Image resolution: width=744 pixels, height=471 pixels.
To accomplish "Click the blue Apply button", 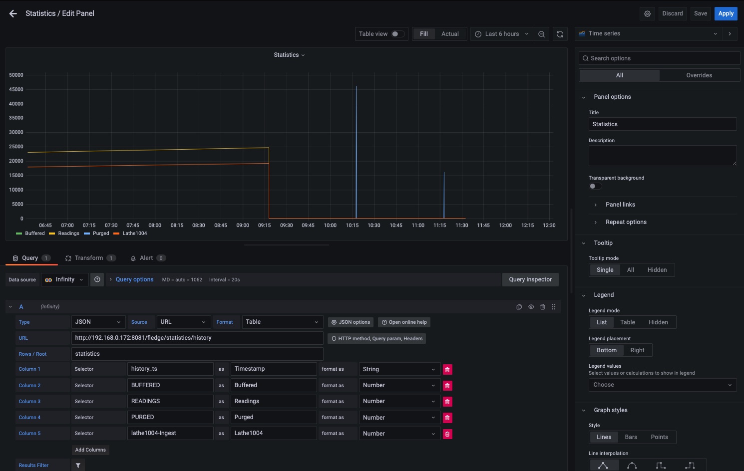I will click(726, 13).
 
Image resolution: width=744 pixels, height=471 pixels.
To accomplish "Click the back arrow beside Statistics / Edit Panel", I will click(13, 14).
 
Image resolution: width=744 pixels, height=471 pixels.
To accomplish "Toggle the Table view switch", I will click(398, 34).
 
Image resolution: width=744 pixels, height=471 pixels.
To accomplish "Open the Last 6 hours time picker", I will click(501, 34).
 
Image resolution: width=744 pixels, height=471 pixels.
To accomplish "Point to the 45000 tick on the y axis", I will click(16, 90).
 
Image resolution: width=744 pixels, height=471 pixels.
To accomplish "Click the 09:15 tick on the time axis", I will click(264, 226).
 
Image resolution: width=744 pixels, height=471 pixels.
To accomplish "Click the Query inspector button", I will click(530, 279).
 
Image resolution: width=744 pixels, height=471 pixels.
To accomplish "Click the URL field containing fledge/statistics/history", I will click(197, 338).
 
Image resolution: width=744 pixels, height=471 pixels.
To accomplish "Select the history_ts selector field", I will click(170, 369).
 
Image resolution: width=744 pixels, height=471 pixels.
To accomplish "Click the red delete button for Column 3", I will click(447, 402).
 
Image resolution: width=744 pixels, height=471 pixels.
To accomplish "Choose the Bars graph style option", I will click(631, 437).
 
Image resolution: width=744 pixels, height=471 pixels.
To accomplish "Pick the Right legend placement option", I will click(637, 350).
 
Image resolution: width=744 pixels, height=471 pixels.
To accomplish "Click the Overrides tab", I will click(699, 75).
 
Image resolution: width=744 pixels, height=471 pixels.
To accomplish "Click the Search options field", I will click(659, 58).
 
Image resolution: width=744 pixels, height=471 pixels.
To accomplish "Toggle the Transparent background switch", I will click(595, 186).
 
